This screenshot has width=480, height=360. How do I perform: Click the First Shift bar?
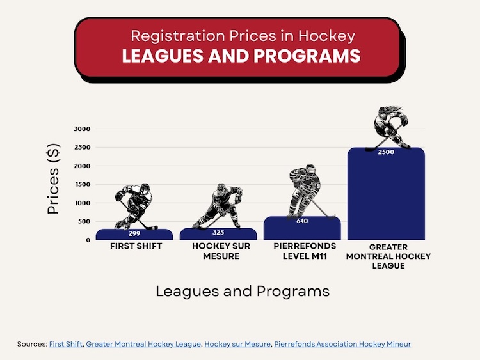(x=134, y=234)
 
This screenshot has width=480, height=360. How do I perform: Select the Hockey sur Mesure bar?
(x=218, y=234)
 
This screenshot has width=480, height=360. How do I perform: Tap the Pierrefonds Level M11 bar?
(x=302, y=228)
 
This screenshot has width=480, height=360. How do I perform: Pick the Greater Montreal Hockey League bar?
(x=386, y=194)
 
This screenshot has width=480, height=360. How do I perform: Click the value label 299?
(x=134, y=233)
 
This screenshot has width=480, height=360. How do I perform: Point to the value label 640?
(x=302, y=221)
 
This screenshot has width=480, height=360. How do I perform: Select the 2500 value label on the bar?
(x=386, y=152)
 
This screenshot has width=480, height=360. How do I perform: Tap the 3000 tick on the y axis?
(x=82, y=129)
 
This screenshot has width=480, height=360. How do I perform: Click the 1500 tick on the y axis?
(x=82, y=184)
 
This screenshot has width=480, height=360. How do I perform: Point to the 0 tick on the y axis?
(x=88, y=240)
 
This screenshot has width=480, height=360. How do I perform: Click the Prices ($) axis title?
(x=53, y=179)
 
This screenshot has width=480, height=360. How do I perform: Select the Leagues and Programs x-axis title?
(x=243, y=291)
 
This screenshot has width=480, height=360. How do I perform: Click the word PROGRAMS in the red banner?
(x=307, y=56)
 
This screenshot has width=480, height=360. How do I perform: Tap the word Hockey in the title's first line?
(x=326, y=36)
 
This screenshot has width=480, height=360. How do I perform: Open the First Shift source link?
(x=65, y=344)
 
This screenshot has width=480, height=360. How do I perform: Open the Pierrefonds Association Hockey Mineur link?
(x=342, y=344)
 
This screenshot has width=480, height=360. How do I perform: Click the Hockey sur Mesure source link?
(x=237, y=344)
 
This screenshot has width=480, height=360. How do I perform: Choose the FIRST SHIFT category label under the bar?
(x=136, y=246)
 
